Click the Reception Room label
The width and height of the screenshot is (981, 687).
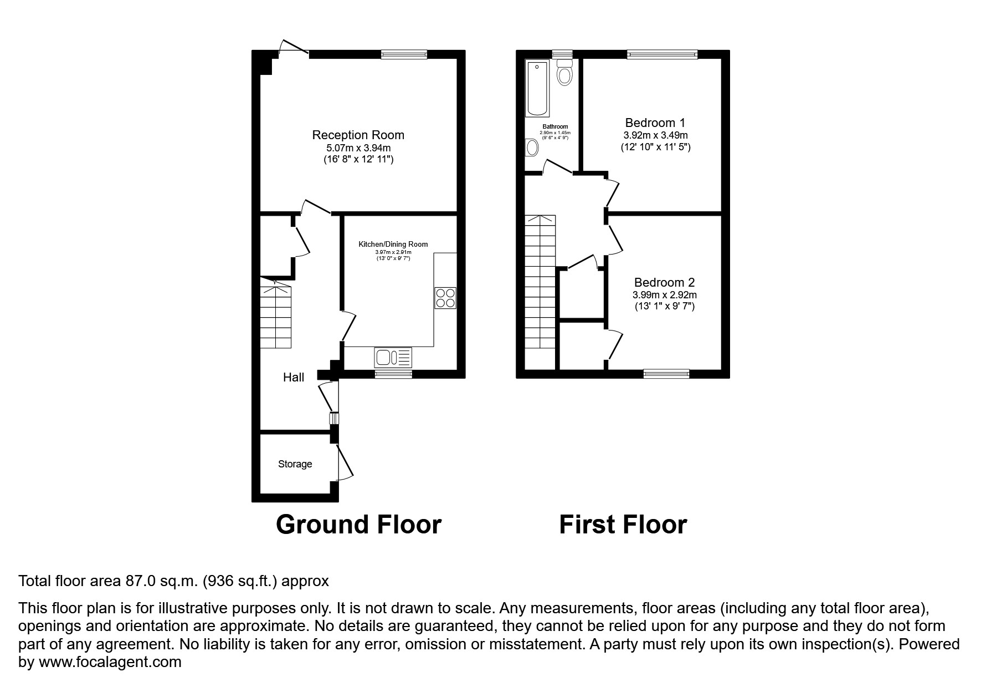point(358,135)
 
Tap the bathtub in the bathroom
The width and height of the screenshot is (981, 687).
point(537,89)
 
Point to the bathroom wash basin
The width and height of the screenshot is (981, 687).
point(532,147)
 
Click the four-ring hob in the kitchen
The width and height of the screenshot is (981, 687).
point(445,298)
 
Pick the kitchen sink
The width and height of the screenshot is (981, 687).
point(393,357)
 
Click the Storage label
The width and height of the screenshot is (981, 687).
point(295,464)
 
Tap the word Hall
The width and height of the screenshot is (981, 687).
point(294,378)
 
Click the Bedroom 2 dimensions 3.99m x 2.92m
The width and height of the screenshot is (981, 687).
point(665,295)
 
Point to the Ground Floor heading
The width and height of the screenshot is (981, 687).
point(358,525)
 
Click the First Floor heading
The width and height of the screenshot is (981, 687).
point(623,525)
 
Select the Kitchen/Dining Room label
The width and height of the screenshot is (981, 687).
point(393,244)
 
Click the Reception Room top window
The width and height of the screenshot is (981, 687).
point(404,54)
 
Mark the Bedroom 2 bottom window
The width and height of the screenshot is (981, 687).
point(666,374)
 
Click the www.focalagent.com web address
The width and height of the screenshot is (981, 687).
point(110,662)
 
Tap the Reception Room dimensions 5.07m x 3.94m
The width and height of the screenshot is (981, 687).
point(358,148)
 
